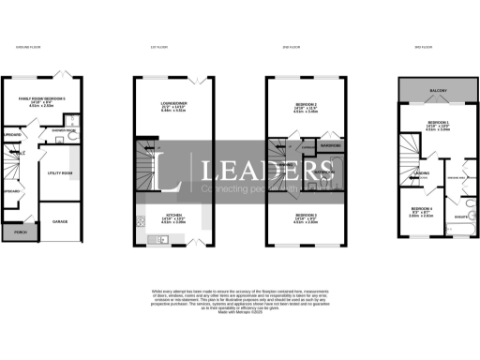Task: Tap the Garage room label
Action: [59, 221]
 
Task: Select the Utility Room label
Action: [59, 172]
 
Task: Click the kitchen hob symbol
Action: [141, 222]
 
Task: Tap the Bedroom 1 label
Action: [438, 122]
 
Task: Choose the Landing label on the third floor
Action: [422, 172]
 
